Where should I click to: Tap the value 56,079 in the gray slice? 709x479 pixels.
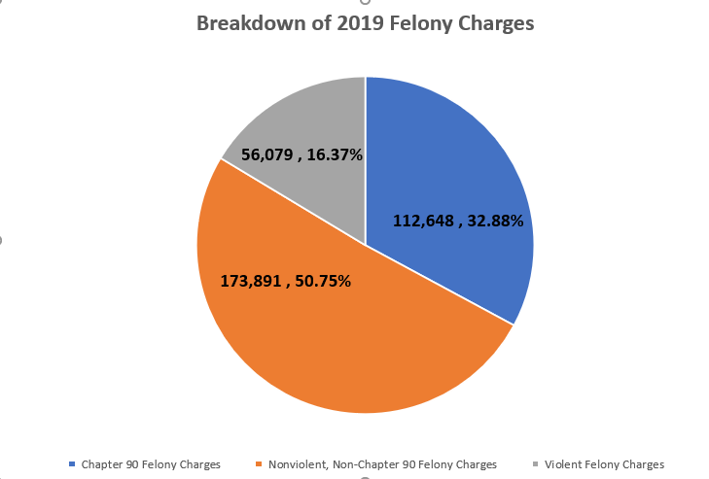269,153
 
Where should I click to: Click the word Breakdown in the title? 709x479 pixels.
247,24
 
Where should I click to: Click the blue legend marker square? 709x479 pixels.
73,464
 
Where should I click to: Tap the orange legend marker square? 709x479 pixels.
260,464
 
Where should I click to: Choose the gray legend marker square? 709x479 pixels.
536,464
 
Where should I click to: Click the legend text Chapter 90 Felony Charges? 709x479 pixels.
151,464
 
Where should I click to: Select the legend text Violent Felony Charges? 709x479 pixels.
604,464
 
